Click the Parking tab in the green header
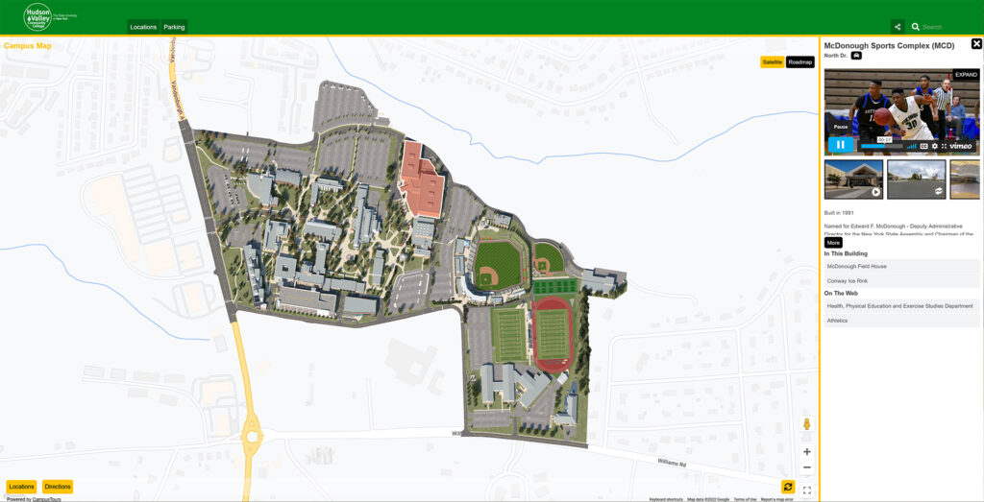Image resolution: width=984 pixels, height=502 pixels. [x=174, y=27]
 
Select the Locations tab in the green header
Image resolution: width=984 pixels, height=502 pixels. [x=143, y=27]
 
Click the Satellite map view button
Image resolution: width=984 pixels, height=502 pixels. [x=772, y=62]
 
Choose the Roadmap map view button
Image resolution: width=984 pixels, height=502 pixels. [x=800, y=62]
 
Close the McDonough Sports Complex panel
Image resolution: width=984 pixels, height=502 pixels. [x=976, y=44]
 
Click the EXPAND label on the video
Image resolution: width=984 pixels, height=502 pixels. [x=966, y=74]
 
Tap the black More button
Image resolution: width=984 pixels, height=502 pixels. [x=833, y=243]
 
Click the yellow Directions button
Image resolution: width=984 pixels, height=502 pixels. [x=58, y=487]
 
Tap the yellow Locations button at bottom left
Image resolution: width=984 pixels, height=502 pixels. [x=21, y=487]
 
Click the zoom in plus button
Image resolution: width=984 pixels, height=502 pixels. [x=807, y=452]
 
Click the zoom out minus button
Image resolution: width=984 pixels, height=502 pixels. [x=807, y=467]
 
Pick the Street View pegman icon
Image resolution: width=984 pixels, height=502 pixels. [x=807, y=424]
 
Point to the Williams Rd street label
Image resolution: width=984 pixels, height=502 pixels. [x=672, y=463]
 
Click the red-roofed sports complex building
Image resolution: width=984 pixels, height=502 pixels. [x=423, y=179]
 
